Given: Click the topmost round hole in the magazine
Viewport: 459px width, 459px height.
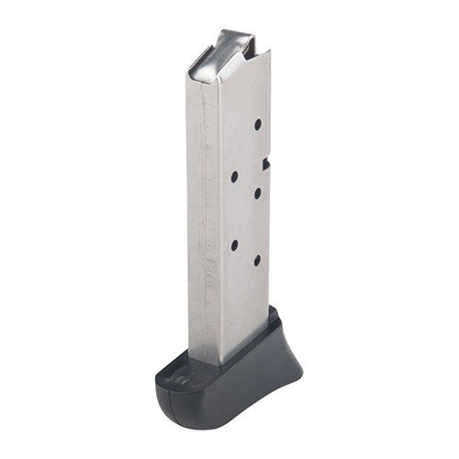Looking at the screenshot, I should click(x=257, y=122).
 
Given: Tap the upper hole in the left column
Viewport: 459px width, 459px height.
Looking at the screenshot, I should click(x=234, y=174).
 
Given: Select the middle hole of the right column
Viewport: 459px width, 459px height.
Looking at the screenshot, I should click(x=257, y=191).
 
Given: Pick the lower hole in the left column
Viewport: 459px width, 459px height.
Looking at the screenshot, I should click(x=234, y=244).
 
